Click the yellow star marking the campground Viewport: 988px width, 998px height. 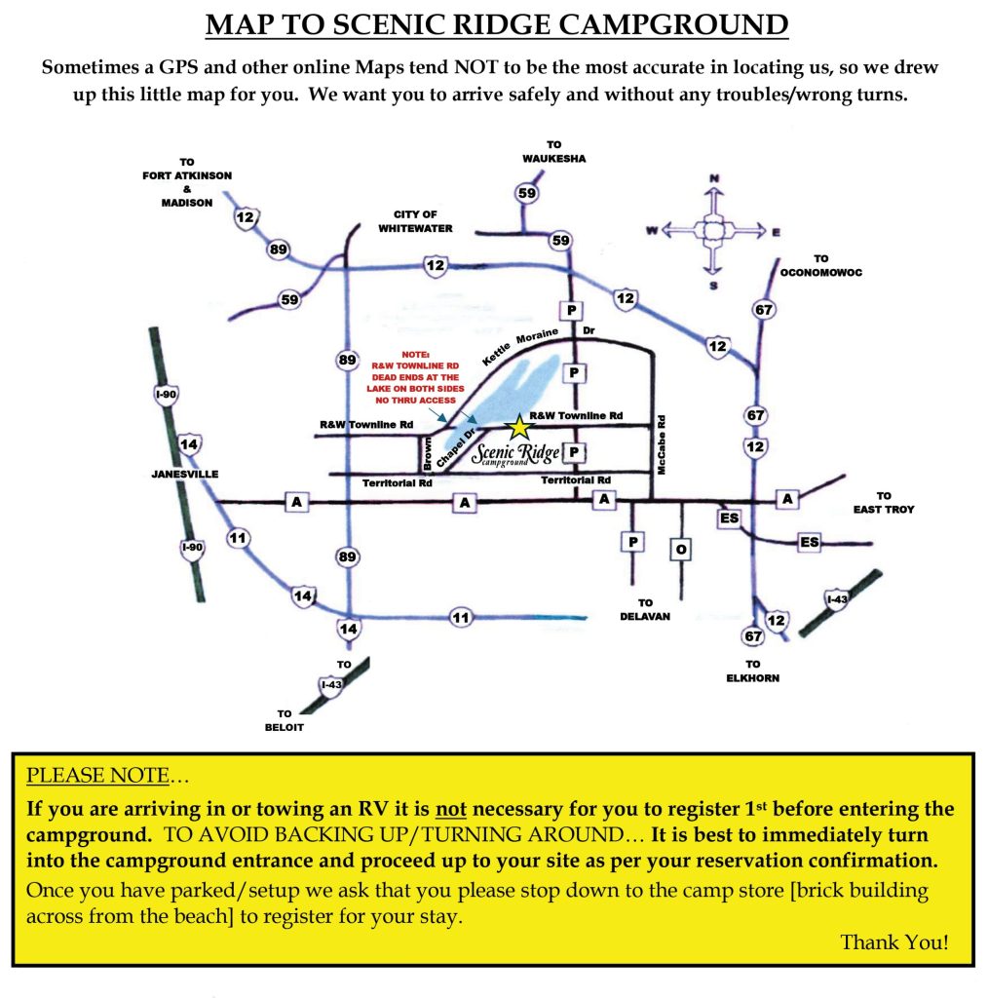[x=519, y=428]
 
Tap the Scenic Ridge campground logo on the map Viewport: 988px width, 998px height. [x=516, y=454]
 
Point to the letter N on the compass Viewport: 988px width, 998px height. [x=714, y=179]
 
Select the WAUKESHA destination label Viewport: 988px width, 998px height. [x=554, y=159]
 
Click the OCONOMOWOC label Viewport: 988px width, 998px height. [x=820, y=273]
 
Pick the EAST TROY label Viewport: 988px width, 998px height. [x=884, y=509]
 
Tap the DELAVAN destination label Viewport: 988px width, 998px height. [x=645, y=616]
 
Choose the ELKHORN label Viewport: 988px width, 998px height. [x=752, y=678]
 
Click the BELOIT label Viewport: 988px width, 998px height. [x=285, y=727]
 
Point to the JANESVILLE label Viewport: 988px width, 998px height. [x=184, y=475]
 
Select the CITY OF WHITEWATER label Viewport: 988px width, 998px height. [x=415, y=221]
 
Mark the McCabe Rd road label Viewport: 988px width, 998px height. [x=661, y=444]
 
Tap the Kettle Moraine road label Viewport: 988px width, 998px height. [x=519, y=347]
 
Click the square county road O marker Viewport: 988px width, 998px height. [x=681, y=550]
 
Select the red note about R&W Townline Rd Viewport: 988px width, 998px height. [x=415, y=377]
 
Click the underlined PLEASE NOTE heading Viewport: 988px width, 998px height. [x=98, y=775]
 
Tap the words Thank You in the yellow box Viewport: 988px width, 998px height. [x=893, y=942]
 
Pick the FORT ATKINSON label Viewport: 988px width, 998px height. [x=187, y=175]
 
